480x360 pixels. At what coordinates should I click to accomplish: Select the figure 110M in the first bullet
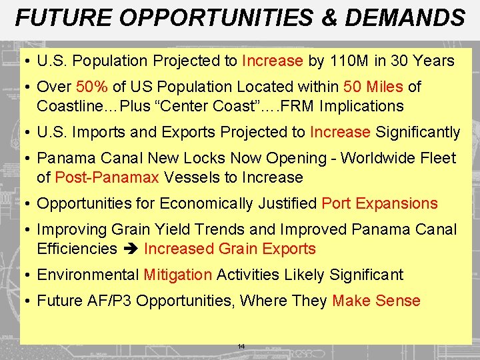(349, 61)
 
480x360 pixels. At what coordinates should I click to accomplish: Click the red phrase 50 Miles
(373, 87)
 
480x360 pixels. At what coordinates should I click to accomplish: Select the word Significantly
(417, 132)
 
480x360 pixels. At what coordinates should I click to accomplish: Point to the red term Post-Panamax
(107, 177)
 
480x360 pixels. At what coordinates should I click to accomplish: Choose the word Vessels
(189, 177)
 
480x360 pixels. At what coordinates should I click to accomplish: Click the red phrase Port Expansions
(379, 203)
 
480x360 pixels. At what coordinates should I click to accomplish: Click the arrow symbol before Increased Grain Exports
(130, 249)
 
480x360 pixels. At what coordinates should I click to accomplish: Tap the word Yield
(173, 229)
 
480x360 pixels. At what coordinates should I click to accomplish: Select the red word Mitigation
(177, 275)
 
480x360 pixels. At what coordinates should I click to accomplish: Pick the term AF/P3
(112, 301)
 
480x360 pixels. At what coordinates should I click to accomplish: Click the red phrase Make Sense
(376, 301)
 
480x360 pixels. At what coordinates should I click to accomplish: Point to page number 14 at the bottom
(241, 347)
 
